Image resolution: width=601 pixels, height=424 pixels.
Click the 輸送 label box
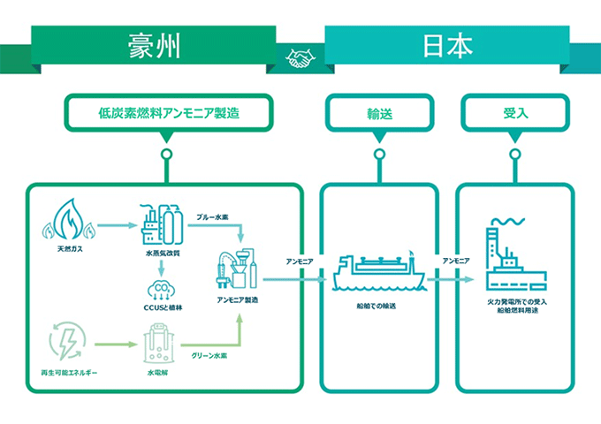(379, 114)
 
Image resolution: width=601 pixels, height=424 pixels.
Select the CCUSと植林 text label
(162, 309)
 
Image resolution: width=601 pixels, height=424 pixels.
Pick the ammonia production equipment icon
(237, 269)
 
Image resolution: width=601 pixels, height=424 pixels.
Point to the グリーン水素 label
(209, 356)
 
